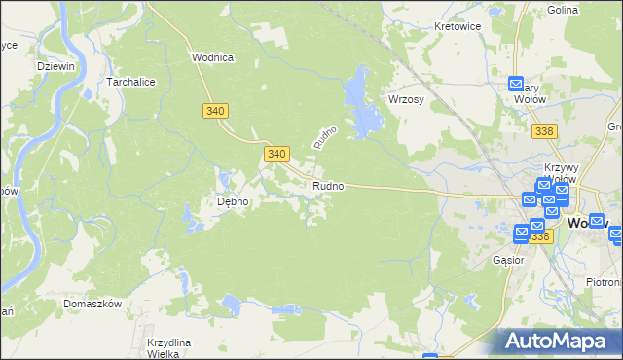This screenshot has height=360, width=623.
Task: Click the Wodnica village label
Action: tap(212, 57)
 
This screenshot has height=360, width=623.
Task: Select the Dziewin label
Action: tap(55, 65)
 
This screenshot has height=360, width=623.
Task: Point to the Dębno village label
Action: tap(233, 202)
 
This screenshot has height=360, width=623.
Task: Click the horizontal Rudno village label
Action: tap(327, 185)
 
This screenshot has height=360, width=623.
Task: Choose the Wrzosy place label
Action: tap(404, 101)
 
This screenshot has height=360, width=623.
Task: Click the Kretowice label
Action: tap(458, 27)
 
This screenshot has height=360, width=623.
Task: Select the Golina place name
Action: tap(590, 10)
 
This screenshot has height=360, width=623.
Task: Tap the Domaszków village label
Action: tap(92, 304)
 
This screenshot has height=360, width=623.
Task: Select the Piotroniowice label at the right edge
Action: tap(604, 282)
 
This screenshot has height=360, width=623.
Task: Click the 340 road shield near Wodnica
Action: tap(216, 112)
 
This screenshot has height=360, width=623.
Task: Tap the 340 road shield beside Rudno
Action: tap(276, 154)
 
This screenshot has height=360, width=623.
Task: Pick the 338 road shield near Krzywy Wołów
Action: tap(546, 130)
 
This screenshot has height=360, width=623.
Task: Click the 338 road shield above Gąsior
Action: tap(541, 236)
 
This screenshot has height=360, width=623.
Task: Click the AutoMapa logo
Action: tap(560, 342)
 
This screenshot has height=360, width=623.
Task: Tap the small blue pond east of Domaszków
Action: tap(232, 306)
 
